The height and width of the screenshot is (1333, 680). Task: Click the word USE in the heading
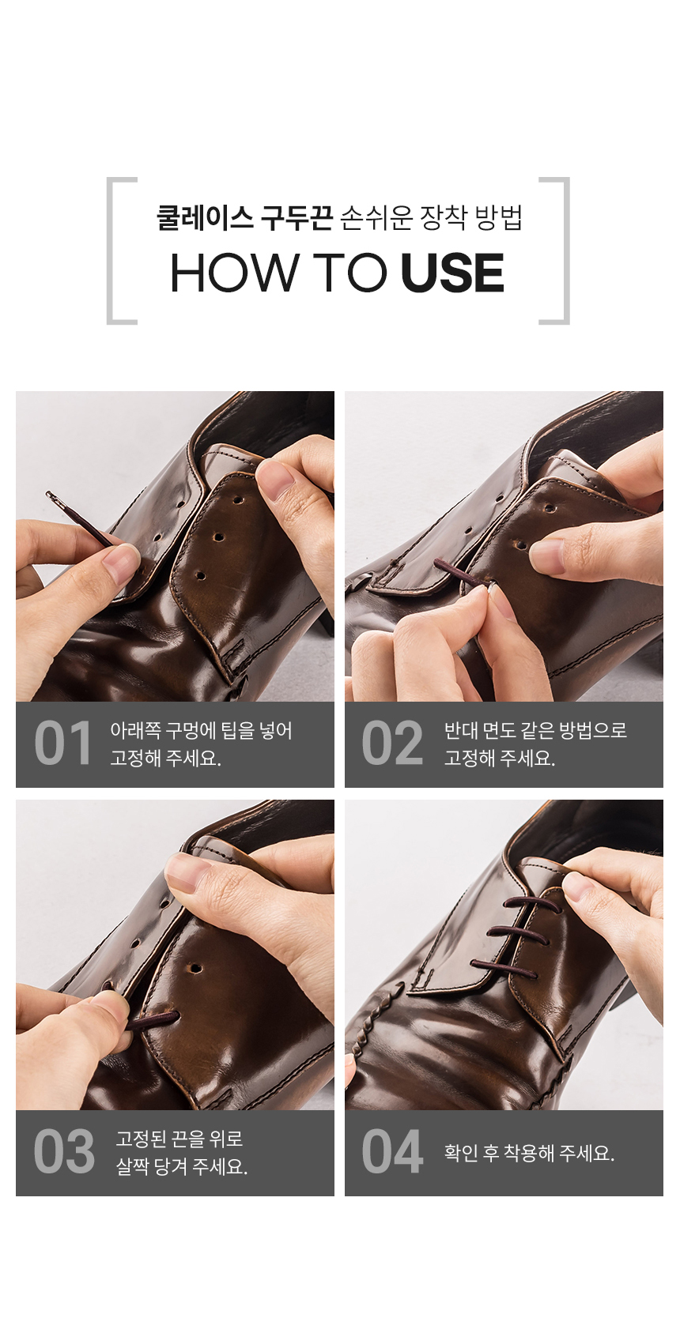click(452, 273)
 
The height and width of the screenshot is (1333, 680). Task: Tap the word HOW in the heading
click(233, 273)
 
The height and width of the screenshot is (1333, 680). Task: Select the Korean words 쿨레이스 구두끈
click(244, 217)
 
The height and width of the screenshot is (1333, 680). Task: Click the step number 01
click(63, 744)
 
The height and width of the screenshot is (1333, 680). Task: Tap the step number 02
click(392, 744)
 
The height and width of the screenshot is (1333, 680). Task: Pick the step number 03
click(64, 1153)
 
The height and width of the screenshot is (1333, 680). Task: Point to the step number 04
click(392, 1153)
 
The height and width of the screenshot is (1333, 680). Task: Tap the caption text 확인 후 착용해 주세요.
click(529, 1153)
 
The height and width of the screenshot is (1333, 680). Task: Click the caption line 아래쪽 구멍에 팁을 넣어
click(201, 730)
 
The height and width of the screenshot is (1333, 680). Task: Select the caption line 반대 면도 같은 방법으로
click(535, 730)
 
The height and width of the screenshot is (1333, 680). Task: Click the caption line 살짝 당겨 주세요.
click(182, 1166)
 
